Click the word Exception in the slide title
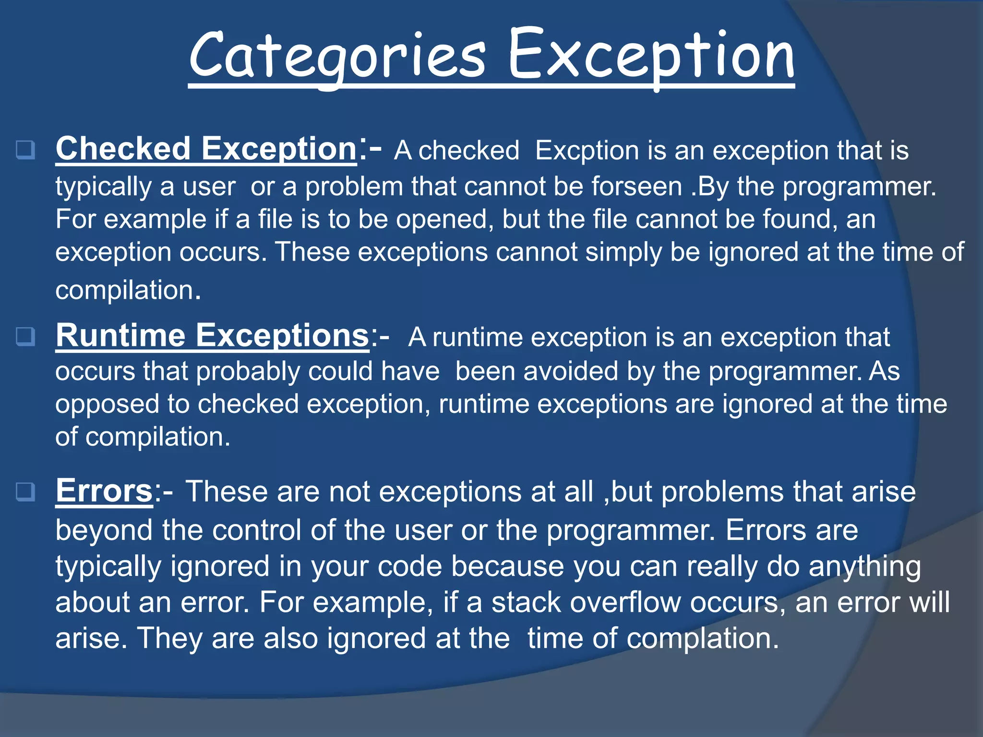[651, 55]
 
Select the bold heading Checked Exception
[206, 149]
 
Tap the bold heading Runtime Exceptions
[212, 335]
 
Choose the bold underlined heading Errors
[104, 491]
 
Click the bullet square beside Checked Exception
[25, 150]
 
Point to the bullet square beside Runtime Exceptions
[25, 336]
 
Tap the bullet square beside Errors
[25, 492]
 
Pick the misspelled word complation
[702, 639]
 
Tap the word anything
[864, 567]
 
